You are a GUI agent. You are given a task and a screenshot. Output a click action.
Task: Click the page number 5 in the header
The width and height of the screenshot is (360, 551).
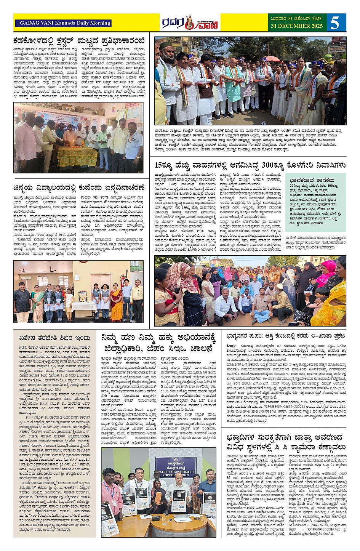point(335,23)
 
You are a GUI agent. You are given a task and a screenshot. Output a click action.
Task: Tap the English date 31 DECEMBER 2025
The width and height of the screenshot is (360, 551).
point(296,26)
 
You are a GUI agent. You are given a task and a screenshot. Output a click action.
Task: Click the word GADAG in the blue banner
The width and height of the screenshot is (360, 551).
point(29,23)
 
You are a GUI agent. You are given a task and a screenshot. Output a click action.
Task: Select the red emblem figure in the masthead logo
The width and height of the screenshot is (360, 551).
point(189,22)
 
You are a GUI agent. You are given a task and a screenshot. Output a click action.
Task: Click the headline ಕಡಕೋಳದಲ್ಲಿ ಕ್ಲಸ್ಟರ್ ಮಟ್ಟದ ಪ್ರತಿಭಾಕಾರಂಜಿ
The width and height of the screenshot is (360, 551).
point(79,40)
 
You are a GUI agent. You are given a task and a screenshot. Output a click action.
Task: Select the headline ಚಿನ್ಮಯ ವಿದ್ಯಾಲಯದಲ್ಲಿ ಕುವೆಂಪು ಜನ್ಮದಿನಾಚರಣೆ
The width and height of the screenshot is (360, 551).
point(79,187)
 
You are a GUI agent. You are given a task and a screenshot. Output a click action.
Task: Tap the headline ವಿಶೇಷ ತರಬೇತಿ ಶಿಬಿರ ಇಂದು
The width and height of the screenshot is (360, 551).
point(55,338)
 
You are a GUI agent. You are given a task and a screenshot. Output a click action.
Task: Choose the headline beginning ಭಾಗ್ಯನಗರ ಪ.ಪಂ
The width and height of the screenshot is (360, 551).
point(286,336)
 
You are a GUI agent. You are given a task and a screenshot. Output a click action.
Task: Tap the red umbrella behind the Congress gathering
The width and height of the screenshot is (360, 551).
point(273,59)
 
